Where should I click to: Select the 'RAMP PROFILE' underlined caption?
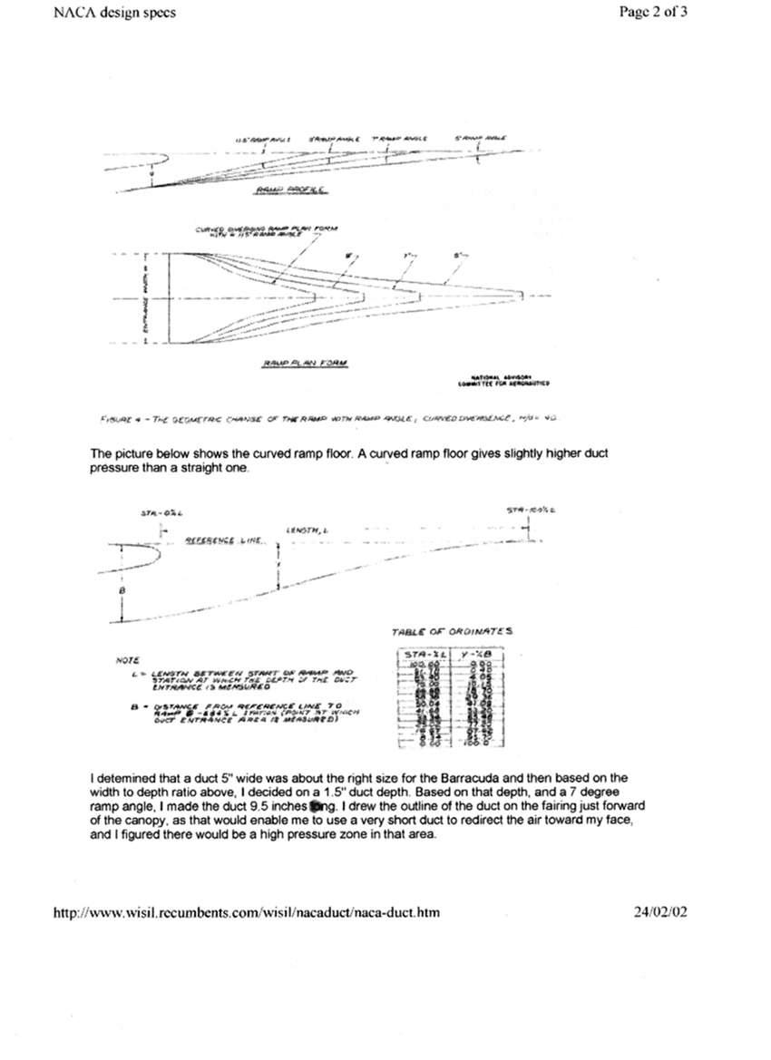tap(282, 190)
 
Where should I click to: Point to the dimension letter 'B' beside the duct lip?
tap(123, 590)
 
